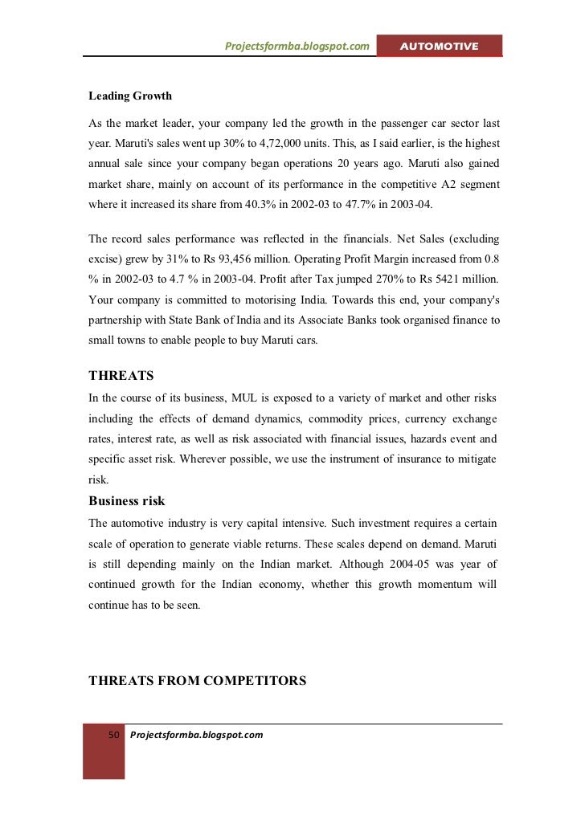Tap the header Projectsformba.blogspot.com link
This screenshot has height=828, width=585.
(x=297, y=47)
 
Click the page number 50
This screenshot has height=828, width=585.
(x=113, y=735)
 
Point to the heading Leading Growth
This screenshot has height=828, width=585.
(x=130, y=96)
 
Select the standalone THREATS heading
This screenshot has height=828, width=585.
(x=121, y=376)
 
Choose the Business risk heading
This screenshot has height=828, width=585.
(x=127, y=501)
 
